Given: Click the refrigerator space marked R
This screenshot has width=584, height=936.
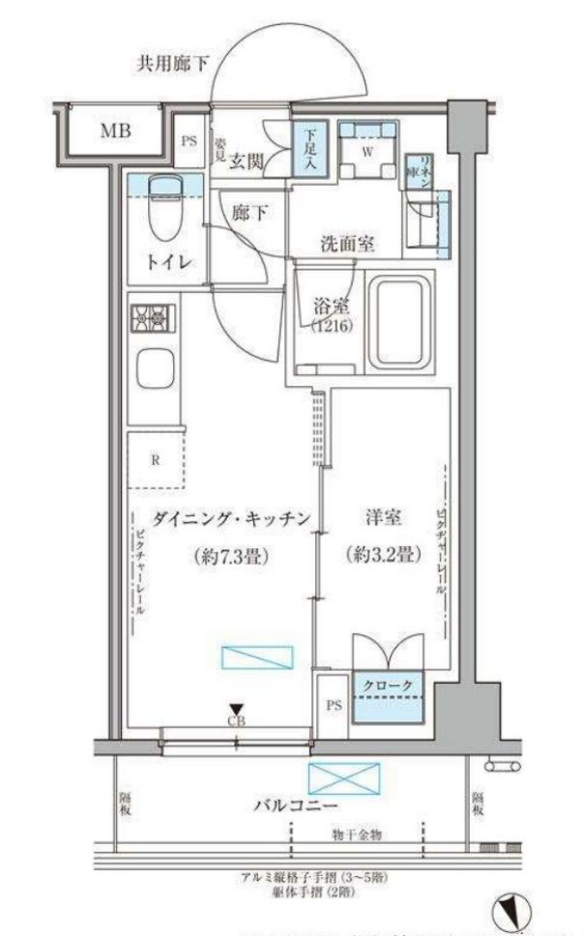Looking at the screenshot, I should [155, 460].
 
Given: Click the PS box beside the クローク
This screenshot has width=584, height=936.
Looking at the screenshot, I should [334, 706].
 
